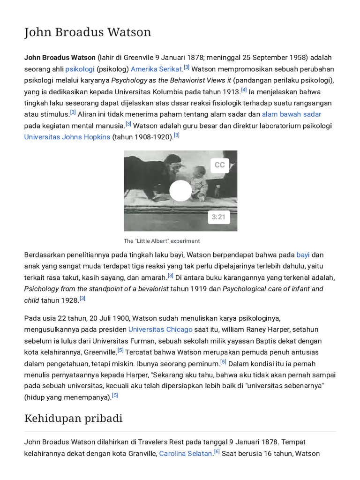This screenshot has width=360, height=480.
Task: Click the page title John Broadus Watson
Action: coord(88,32)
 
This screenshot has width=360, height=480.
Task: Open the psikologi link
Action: coord(80,69)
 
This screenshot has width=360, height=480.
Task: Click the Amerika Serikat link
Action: coord(156,69)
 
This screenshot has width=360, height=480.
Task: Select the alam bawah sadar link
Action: coord(291,114)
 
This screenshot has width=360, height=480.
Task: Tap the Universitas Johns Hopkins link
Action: coord(67,137)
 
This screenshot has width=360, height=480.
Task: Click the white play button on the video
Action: coord(180,191)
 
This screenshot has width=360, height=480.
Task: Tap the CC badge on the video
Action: coord(219,165)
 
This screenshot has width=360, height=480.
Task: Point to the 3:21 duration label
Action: coord(218,217)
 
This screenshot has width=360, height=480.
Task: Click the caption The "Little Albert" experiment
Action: coord(162,241)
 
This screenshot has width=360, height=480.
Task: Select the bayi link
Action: coord(303,255)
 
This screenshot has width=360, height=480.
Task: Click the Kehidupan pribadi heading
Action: coord(73,418)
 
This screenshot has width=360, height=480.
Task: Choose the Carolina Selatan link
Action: coord(186,453)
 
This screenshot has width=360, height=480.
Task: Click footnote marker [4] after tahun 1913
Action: coord(244,90)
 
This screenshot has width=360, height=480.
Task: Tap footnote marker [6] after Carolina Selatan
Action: coord(217,452)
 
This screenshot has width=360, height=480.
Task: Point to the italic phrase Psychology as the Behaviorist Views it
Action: coord(171,80)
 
